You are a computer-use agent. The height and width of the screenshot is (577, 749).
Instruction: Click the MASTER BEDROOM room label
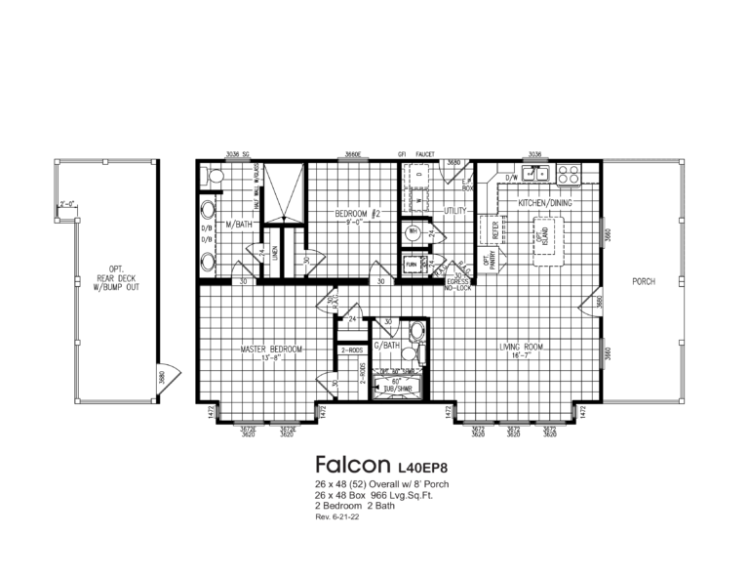tap(272, 349)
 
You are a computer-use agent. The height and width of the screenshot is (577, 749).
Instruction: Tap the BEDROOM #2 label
tap(350, 213)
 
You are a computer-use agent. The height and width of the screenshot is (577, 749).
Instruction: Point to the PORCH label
tap(643, 282)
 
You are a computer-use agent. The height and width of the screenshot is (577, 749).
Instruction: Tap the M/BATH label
tap(239, 224)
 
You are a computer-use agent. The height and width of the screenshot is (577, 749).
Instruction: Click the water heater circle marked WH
tap(414, 231)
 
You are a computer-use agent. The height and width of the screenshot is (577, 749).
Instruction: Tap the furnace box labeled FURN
tap(412, 265)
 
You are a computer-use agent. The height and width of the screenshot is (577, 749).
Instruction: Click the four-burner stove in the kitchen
tap(569, 175)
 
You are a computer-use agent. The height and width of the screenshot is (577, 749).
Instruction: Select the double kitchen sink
tap(533, 175)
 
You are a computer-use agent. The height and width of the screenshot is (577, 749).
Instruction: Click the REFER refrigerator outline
tap(495, 230)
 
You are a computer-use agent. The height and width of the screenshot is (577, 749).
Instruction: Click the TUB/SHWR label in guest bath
tap(396, 389)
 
